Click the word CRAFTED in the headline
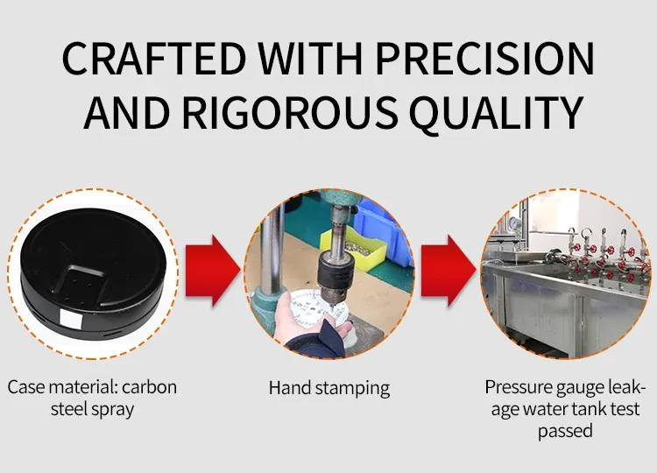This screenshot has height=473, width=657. tap(154, 58)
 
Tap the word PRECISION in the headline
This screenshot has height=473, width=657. tap(484, 58)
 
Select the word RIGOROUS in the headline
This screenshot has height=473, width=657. tap(290, 112)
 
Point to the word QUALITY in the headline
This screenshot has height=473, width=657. tap(496, 113)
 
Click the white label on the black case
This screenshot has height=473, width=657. tap(71, 318)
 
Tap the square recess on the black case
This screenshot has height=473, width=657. tap(82, 281)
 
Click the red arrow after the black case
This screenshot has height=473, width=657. tap(212, 271)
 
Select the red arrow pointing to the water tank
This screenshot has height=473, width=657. tap(448, 271)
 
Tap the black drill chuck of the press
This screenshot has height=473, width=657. tap(336, 273)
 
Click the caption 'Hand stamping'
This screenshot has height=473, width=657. tap(329, 388)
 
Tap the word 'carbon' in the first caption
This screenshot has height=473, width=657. tap(149, 387)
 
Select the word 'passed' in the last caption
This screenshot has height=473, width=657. tap(565, 431)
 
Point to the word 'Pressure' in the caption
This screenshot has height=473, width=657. tap(519, 387)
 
